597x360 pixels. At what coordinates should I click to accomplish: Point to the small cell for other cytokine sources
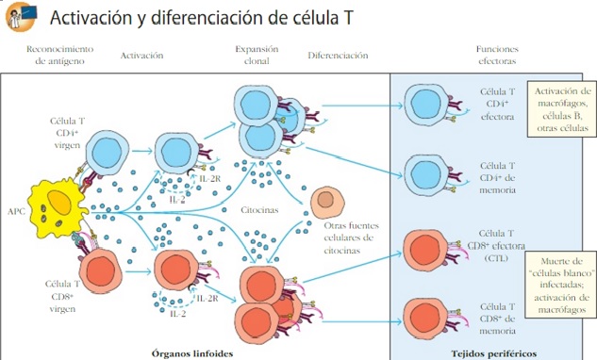(326, 200)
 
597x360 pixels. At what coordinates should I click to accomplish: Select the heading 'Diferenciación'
(337, 56)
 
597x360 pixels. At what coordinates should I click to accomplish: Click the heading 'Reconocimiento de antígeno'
(59, 56)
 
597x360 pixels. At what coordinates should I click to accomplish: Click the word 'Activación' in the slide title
(94, 18)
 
